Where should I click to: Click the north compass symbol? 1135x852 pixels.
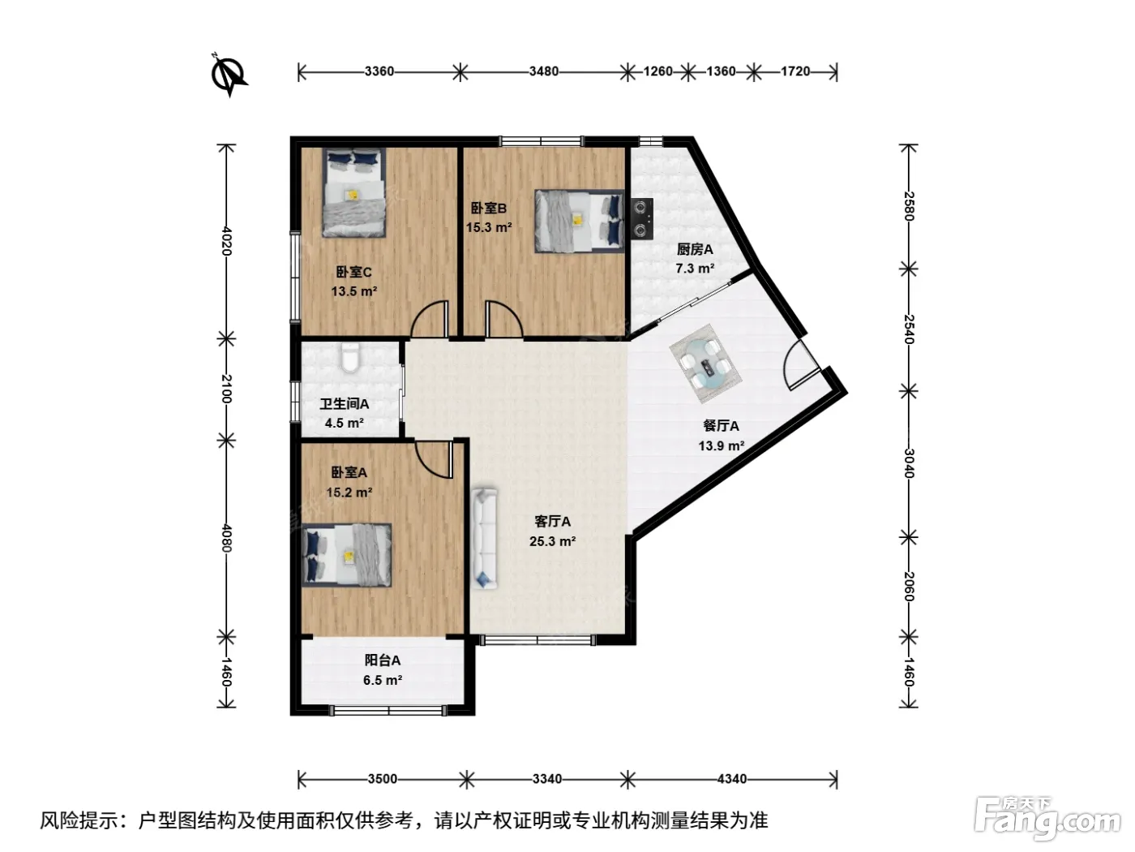tap(229, 75)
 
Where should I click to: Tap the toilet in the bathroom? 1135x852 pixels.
tap(350, 357)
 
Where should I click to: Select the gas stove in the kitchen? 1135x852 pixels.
tap(642, 218)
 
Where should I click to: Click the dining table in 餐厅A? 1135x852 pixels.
tap(706, 364)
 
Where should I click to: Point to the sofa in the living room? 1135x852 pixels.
tap(485, 539)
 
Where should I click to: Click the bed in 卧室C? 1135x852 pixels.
tap(354, 192)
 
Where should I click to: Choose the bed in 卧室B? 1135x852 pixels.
tap(580, 221)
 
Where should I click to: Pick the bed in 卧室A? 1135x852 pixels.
tap(346, 555)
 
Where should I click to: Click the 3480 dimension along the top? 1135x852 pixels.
tap(543, 71)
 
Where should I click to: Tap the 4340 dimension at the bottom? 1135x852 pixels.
tap(732, 778)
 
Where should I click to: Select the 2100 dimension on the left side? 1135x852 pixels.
tap(226, 389)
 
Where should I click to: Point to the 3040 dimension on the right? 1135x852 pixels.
tap(909, 463)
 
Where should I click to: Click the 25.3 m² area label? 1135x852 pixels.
tap(552, 541)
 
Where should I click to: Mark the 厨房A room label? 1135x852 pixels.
tap(695, 249)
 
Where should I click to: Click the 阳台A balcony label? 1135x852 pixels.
tap(383, 660)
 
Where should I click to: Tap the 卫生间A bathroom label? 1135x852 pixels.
tap(345, 403)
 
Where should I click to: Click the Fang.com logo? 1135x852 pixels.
tap(1047, 820)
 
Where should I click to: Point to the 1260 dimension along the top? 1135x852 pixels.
tap(657, 71)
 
